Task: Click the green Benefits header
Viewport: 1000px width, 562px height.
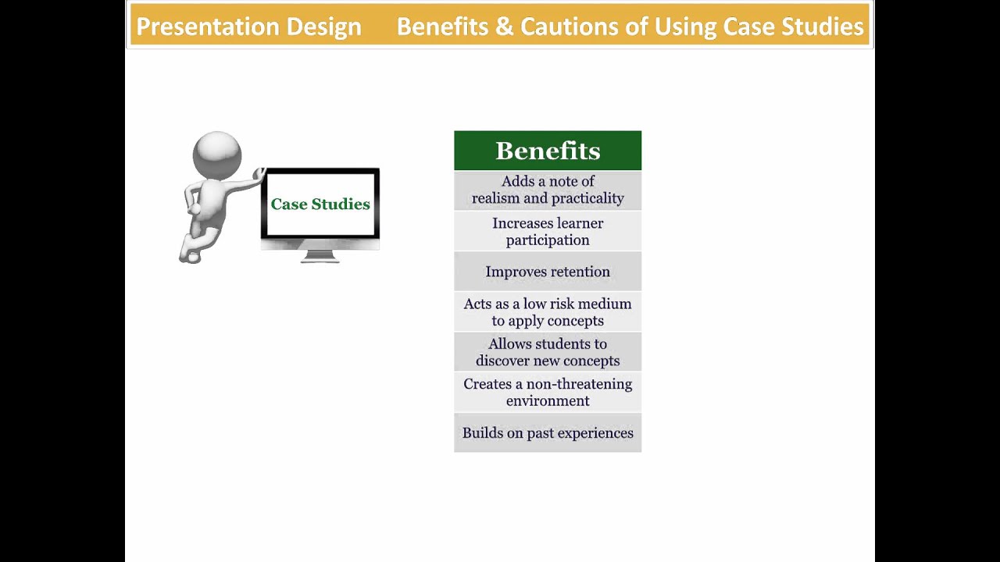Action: click(x=547, y=151)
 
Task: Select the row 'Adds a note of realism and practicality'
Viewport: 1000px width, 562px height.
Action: click(x=547, y=190)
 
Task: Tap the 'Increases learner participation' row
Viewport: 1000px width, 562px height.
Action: click(x=547, y=232)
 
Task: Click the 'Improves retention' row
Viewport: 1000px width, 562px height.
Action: click(x=547, y=272)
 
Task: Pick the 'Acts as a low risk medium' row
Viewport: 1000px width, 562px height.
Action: click(x=547, y=312)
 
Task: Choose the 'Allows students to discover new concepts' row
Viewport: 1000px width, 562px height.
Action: click(x=547, y=352)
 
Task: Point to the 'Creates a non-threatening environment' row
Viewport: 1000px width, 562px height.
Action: click(x=547, y=393)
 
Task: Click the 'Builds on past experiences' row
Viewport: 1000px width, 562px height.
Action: click(x=547, y=433)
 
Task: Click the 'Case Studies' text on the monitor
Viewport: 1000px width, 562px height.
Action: click(x=320, y=204)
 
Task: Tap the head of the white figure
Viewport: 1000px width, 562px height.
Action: click(x=217, y=153)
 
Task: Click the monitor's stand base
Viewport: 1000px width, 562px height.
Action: click(x=320, y=258)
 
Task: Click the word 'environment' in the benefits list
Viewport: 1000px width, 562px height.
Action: click(x=547, y=401)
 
